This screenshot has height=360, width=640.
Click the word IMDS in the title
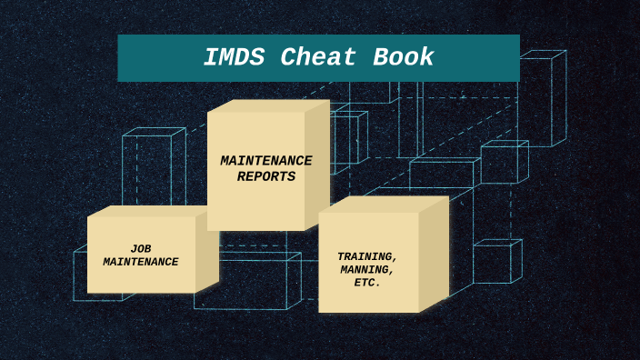coord(235,58)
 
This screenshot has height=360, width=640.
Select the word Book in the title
coord(404,58)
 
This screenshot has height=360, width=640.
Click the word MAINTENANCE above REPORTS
coord(265,161)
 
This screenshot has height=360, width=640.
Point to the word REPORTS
coord(266,176)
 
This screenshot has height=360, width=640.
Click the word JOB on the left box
coord(141,248)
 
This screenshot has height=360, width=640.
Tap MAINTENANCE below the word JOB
coord(141,262)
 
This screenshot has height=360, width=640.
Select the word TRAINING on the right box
coord(365,256)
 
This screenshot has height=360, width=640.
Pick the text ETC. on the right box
coord(367,283)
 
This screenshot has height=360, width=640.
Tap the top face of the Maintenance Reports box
coord(268,105)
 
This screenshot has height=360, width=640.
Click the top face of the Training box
coord(382,205)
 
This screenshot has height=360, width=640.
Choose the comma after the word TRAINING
coord(395,260)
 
